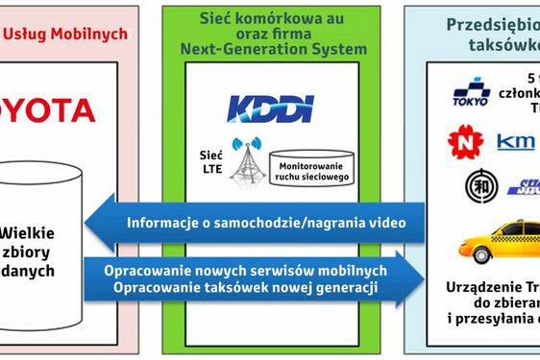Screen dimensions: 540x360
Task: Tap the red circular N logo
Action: coord(465,141)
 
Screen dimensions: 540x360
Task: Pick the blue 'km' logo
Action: coord(516,142)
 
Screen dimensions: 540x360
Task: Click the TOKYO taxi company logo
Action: coord(472,94)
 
